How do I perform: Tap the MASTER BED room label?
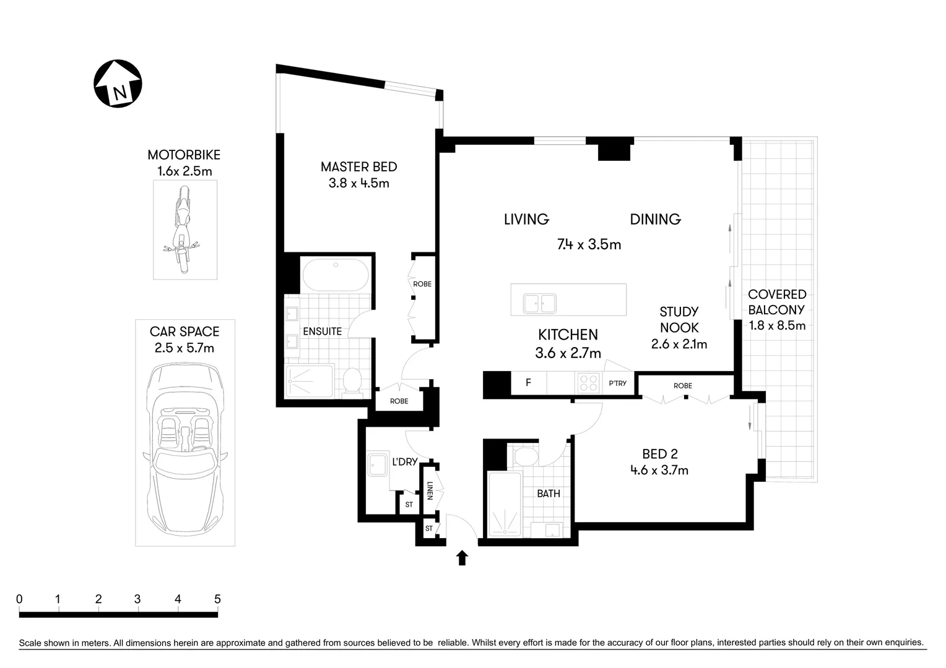(x=358, y=166)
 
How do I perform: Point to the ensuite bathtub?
(x=335, y=275)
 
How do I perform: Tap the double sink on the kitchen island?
(x=540, y=304)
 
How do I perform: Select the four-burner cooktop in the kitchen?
(x=588, y=383)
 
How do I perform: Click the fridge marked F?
(x=528, y=383)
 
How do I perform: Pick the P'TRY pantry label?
(x=617, y=383)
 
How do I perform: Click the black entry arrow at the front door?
(x=462, y=558)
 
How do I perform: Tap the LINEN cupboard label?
(x=429, y=492)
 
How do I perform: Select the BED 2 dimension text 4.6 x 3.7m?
(x=659, y=470)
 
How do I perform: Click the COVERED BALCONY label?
(x=777, y=302)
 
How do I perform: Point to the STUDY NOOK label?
(x=679, y=320)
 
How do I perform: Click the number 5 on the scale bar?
(x=217, y=599)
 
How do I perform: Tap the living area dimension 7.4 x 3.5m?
(x=589, y=244)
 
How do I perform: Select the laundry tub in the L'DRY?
(x=377, y=465)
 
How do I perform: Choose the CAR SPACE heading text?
(x=184, y=332)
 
